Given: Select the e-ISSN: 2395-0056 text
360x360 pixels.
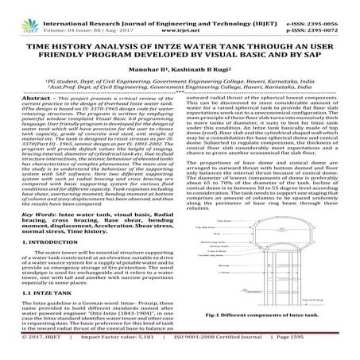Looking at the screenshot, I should pyautogui.click(x=325, y=5).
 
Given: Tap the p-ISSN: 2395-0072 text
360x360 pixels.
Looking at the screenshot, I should pyautogui.click(x=325, y=14).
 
